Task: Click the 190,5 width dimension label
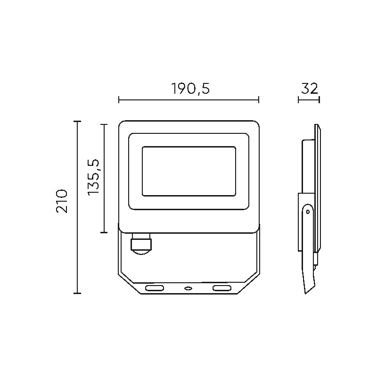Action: click(190, 89)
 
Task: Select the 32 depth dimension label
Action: click(310, 88)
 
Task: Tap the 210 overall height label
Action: click(62, 201)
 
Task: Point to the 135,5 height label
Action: click(93, 177)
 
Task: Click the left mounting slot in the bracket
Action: click(155, 288)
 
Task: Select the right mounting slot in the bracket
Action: click(221, 288)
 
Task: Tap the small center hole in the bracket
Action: click(188, 288)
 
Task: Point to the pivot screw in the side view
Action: click(308, 212)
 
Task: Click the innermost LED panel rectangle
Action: click(189, 171)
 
